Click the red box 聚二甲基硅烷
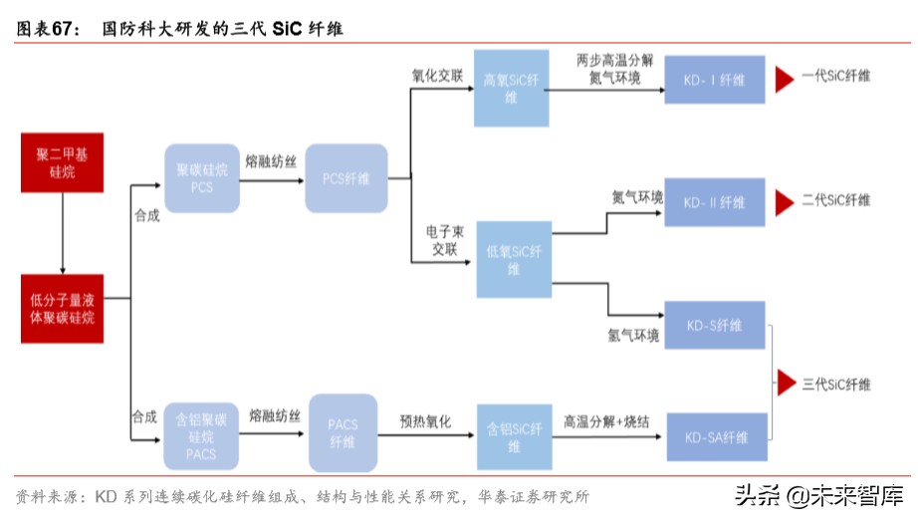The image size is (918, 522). (62, 163)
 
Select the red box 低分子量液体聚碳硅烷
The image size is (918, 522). (62, 308)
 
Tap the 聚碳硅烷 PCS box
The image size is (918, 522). (202, 178)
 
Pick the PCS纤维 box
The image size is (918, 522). (345, 178)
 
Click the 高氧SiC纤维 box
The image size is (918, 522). (511, 89)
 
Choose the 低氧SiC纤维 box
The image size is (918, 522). (513, 259)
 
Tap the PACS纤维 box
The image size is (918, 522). (344, 432)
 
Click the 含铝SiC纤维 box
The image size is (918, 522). (513, 436)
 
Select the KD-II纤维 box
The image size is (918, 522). (715, 202)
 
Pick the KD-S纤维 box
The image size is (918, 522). (715, 325)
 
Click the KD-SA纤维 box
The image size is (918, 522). (715, 436)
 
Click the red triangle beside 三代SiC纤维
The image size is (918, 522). (787, 384)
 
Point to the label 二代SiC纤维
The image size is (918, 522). (835, 200)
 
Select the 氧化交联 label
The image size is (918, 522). (437, 76)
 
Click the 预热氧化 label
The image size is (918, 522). (425, 421)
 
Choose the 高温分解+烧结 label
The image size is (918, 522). (605, 421)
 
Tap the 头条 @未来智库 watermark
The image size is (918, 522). (818, 494)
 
